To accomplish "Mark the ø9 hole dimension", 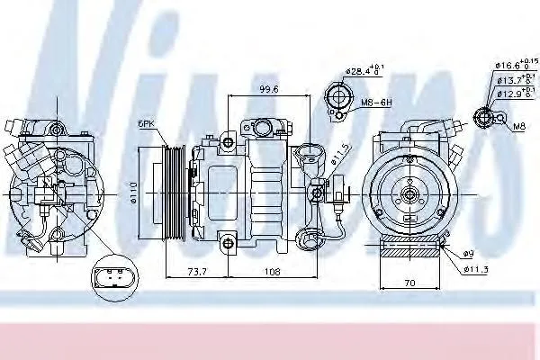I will [x=469, y=253].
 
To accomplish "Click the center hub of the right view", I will [x=409, y=191].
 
